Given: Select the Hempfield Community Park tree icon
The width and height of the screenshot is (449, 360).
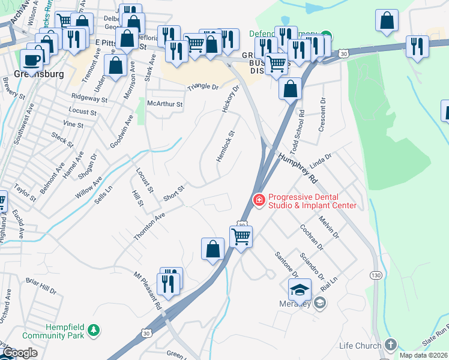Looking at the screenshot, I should tap(93, 329).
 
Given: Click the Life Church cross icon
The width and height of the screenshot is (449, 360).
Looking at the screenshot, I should tap(391, 344).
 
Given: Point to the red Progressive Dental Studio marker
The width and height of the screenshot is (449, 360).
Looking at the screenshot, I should tap(259, 199).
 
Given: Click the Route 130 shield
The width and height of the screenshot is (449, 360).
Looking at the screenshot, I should tap(376, 275).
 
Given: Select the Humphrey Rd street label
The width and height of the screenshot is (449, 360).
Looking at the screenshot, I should tap(297, 169).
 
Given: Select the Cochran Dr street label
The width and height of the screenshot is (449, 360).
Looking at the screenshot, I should tap(312, 238).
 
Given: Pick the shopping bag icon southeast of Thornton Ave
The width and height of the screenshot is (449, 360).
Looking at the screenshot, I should tap(212, 249).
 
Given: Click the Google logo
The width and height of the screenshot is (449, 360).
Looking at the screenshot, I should tap(20, 353).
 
